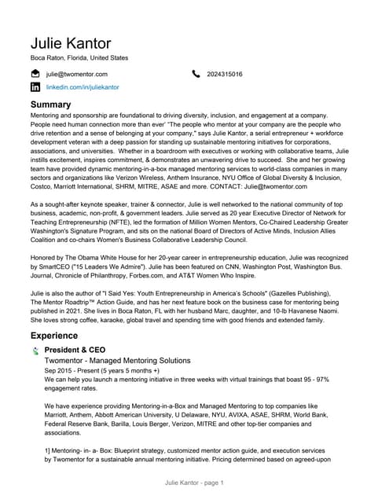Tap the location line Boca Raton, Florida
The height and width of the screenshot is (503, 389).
point(79,58)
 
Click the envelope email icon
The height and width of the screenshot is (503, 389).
point(35,74)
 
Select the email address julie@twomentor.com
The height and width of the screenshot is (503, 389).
point(77,74)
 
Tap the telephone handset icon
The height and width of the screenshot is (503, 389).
point(196,74)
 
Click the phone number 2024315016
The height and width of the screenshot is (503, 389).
point(225,74)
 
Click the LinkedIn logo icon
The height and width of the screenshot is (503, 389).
point(35,87)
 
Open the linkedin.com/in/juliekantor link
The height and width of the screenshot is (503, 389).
point(83,87)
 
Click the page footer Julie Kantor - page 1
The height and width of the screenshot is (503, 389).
point(193,482)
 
